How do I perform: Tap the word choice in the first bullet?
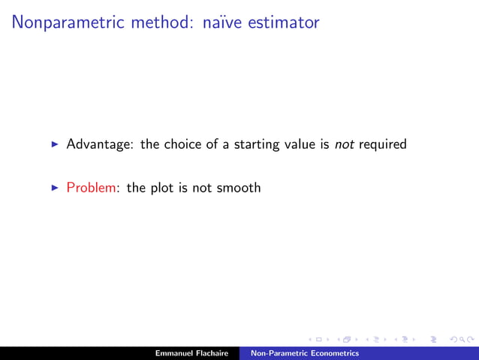(184, 144)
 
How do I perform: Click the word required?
(382, 144)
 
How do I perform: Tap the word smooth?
(238, 188)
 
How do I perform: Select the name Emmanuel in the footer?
(176, 353)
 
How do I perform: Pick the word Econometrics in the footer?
(332, 353)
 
